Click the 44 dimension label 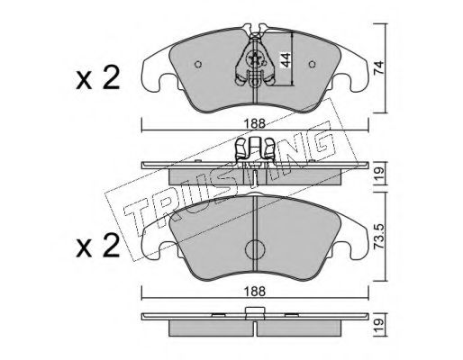(x=286, y=59)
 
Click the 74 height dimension (x=378, y=67)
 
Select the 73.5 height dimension (x=378, y=238)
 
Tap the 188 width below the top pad (x=255, y=123)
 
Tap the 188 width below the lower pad (x=255, y=291)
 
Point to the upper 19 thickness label (x=378, y=173)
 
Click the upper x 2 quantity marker (x=98, y=78)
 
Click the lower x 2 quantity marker (x=98, y=246)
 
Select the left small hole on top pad (x=198, y=64)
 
